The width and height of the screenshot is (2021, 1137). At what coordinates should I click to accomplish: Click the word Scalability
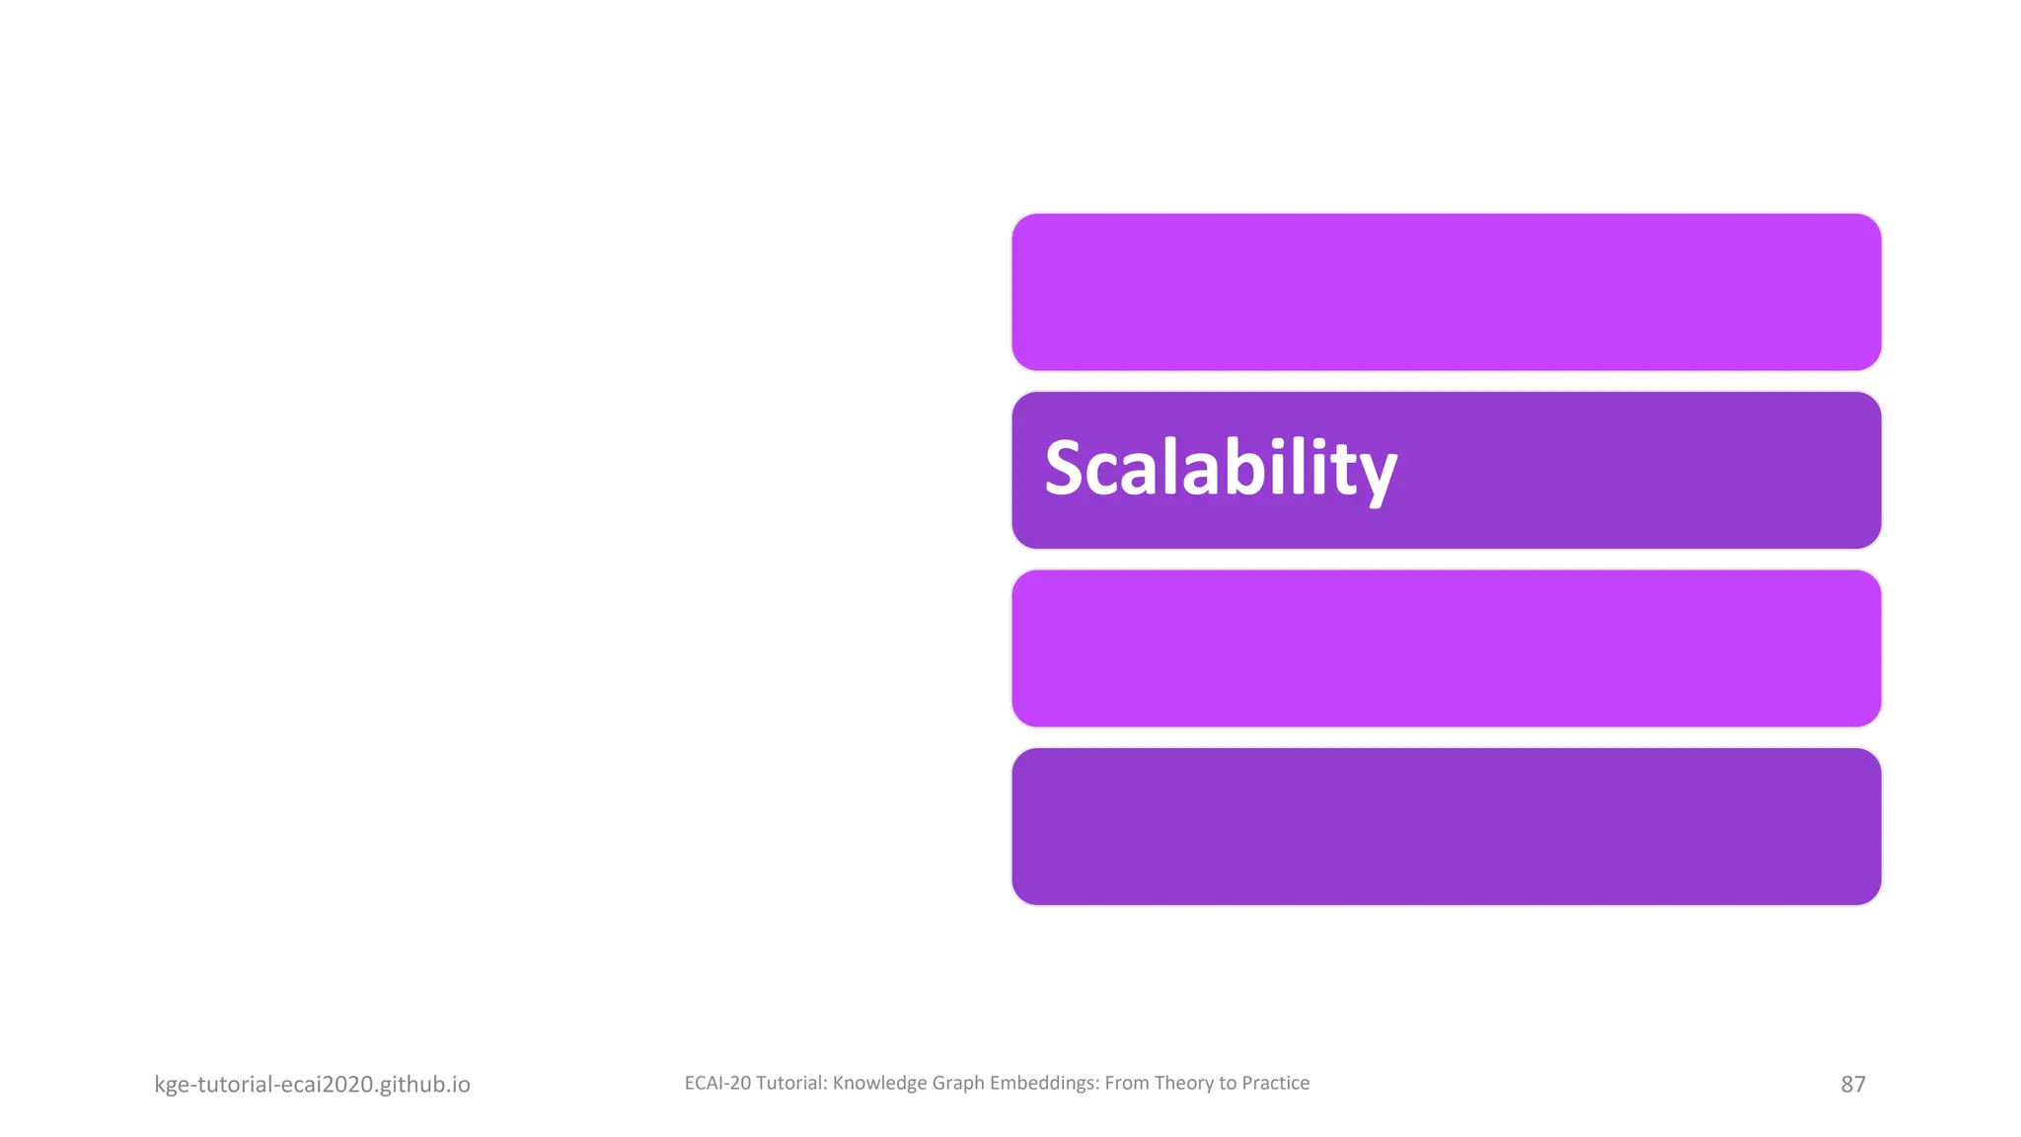pyautogui.click(x=1220, y=469)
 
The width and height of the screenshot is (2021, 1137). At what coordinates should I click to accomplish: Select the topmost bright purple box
pyautogui.click(x=1446, y=292)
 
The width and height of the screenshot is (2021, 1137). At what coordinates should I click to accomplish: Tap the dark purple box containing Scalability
pyautogui.click(x=1628, y=470)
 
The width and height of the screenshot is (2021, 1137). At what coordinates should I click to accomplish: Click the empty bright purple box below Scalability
pyautogui.click(x=1446, y=648)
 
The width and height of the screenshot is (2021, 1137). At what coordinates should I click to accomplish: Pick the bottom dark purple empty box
pyautogui.click(x=1446, y=826)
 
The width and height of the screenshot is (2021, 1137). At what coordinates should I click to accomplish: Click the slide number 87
pyautogui.click(x=1852, y=1084)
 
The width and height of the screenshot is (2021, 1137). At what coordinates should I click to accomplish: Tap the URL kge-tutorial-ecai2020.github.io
pyautogui.click(x=312, y=1084)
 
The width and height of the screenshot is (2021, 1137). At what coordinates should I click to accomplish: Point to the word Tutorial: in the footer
pyautogui.click(x=791, y=1083)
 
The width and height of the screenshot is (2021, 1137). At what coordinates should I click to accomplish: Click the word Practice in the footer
pyautogui.click(x=1275, y=1083)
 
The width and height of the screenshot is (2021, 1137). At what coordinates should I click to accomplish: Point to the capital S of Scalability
pyautogui.click(x=1067, y=469)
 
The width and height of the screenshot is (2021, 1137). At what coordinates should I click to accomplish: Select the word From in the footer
pyautogui.click(x=1127, y=1083)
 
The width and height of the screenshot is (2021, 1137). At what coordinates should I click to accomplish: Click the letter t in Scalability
pyautogui.click(x=1340, y=469)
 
